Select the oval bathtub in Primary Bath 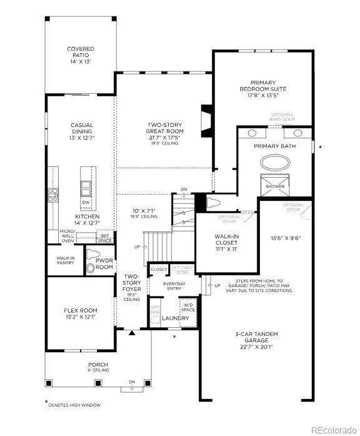coord(275,164)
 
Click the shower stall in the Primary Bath coord(274,186)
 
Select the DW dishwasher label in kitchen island coord(86,202)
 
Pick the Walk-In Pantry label coord(66,260)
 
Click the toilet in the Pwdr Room coord(91,268)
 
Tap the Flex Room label coord(81,313)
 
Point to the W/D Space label coord(189,307)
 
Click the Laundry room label coord(176,318)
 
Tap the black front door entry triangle coord(131,333)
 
